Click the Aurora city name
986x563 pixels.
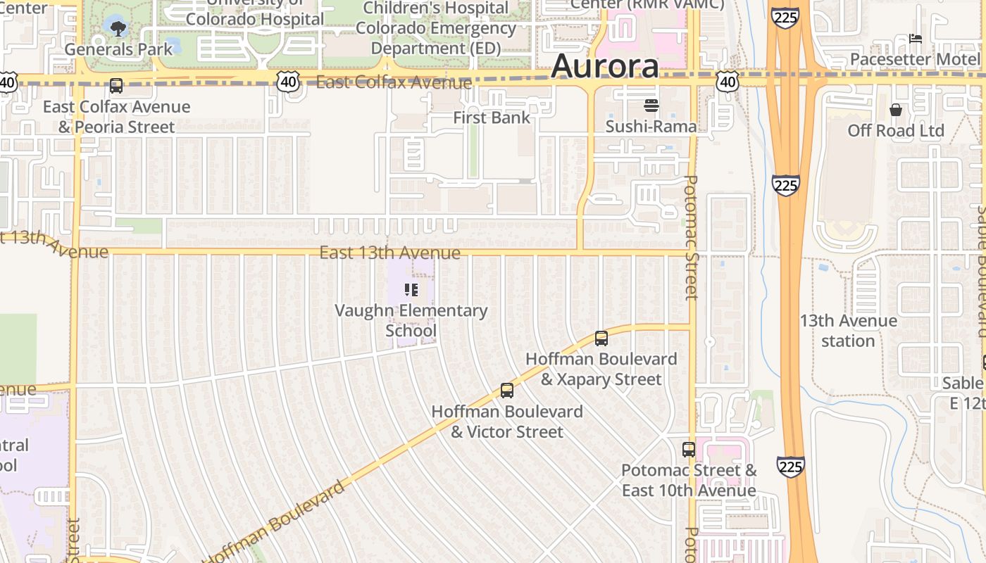coord(605,66)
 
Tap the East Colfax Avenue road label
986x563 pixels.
coord(393,82)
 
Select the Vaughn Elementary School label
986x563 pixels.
coord(411,320)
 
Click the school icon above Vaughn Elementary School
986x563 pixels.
coord(411,290)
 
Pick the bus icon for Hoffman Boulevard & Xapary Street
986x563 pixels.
coord(601,339)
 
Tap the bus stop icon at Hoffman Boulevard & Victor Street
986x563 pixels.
coord(507,391)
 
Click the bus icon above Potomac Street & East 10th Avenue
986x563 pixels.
coord(689,450)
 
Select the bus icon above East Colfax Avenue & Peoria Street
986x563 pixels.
coord(116,87)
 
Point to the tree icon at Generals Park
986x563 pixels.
coord(118,29)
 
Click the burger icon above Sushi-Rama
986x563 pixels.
coord(651,106)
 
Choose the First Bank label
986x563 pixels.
coord(492,118)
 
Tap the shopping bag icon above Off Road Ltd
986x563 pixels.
coord(896,110)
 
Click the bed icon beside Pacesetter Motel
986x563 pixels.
coord(916,38)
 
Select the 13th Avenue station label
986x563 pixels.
coord(848,331)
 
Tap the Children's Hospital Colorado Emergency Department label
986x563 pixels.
coord(436,28)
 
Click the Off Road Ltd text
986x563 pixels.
coord(896,131)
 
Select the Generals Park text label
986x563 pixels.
coord(118,49)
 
